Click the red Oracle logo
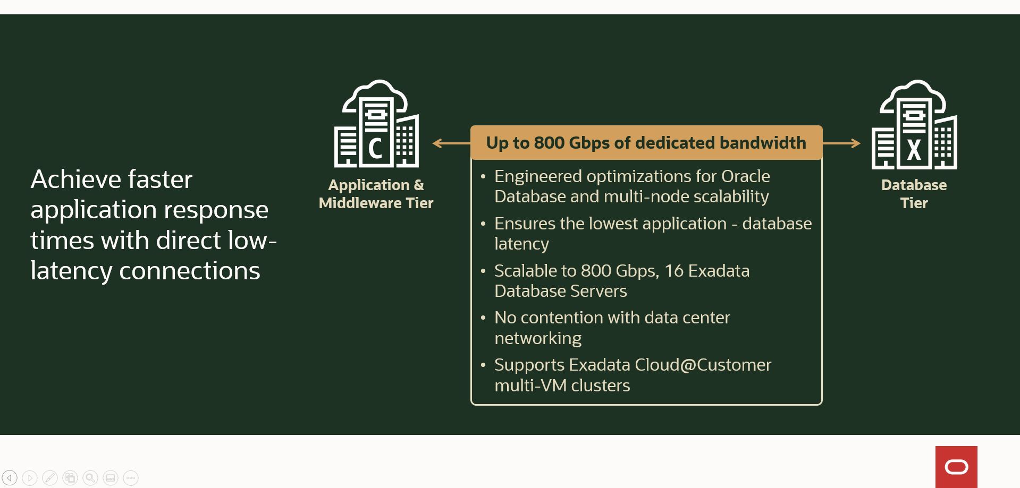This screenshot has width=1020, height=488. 956,467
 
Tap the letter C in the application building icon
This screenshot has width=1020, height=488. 375,149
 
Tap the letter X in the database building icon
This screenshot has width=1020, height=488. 914,150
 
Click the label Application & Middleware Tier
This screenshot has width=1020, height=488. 376,194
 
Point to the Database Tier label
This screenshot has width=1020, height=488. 914,194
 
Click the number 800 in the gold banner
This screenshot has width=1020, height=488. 549,143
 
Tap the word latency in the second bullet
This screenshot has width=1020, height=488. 521,244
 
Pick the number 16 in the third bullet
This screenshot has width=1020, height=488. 673,271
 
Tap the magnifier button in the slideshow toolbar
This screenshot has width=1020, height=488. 90,478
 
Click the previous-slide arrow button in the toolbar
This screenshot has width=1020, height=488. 10,478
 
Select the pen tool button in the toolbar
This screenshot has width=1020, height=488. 50,478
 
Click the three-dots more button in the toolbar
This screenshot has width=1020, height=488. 131,478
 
